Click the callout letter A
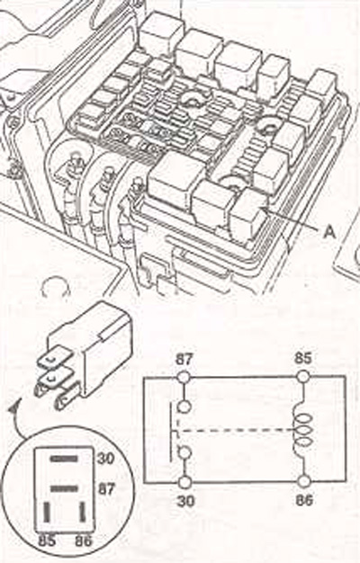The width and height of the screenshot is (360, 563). [328, 232]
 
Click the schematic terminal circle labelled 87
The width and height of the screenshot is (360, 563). [184, 377]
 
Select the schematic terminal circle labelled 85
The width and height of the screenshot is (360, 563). [303, 376]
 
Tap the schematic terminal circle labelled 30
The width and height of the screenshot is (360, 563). [184, 483]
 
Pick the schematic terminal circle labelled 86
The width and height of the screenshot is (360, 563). [304, 481]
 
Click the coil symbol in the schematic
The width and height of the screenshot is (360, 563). [303, 430]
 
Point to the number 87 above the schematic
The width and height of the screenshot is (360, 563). [184, 359]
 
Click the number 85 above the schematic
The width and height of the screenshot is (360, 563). [303, 358]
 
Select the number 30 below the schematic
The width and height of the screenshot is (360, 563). [185, 501]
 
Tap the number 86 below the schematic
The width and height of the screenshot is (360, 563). [304, 499]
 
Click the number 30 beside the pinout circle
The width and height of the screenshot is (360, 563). [105, 458]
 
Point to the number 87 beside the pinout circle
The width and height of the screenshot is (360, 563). [105, 488]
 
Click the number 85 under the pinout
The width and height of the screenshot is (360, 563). [47, 541]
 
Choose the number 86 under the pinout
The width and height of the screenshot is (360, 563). [84, 541]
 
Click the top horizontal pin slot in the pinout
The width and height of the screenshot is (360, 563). [64, 459]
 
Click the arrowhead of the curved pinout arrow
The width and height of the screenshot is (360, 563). [14, 407]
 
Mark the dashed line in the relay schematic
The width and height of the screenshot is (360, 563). [235, 430]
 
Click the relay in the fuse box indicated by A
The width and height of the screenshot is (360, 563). [247, 216]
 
